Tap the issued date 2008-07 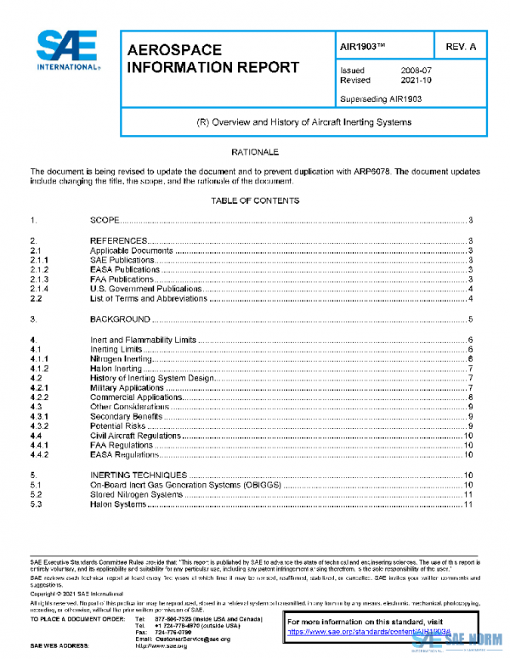[416, 70]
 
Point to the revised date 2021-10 [416, 81]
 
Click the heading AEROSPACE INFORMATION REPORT [212, 59]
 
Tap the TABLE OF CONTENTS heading [255, 201]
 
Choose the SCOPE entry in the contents [105, 221]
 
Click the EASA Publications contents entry [125, 269]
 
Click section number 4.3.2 [39, 426]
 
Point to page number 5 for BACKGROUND [469, 319]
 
